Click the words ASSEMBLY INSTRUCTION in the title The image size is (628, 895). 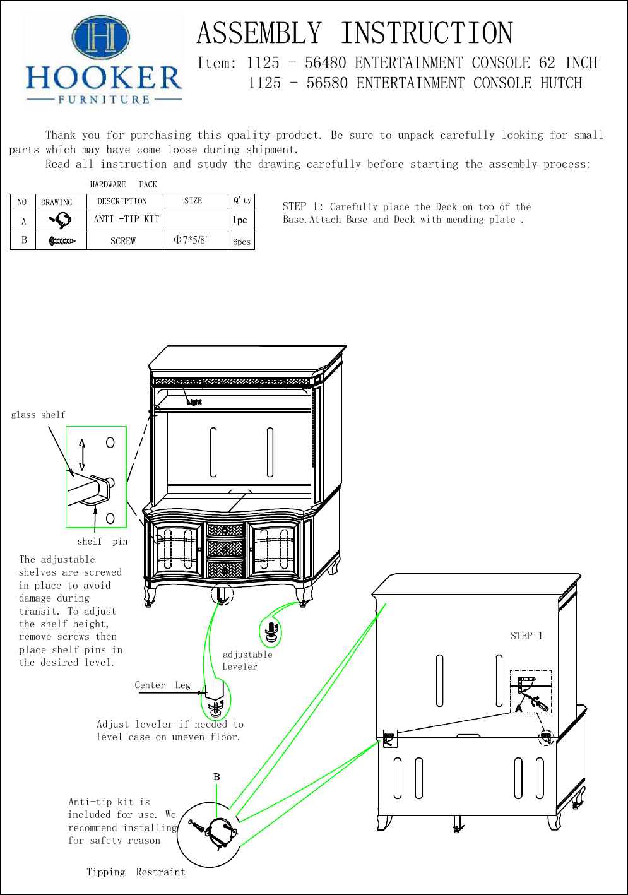pyautogui.click(x=355, y=33)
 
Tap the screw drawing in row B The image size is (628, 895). pyautogui.click(x=62, y=241)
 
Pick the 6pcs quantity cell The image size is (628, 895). pyautogui.click(x=242, y=242)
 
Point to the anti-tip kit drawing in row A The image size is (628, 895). pyautogui.click(x=61, y=220)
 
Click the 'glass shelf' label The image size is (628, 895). pyautogui.click(x=38, y=415)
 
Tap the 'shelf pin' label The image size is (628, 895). pyautogui.click(x=102, y=542)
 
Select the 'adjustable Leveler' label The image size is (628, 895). pyautogui.click(x=247, y=660)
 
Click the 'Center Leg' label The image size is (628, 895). pyautogui.click(x=162, y=685)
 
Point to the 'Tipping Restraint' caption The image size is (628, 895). pyautogui.click(x=136, y=872)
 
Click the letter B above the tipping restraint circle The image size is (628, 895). pyautogui.click(x=216, y=777)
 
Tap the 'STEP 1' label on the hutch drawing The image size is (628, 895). pyautogui.click(x=526, y=636)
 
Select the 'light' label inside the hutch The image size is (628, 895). pyautogui.click(x=194, y=401)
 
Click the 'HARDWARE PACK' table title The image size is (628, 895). pyautogui.click(x=123, y=184)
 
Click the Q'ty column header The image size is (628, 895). pyautogui.click(x=242, y=201)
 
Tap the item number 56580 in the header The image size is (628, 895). pyautogui.click(x=327, y=83)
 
